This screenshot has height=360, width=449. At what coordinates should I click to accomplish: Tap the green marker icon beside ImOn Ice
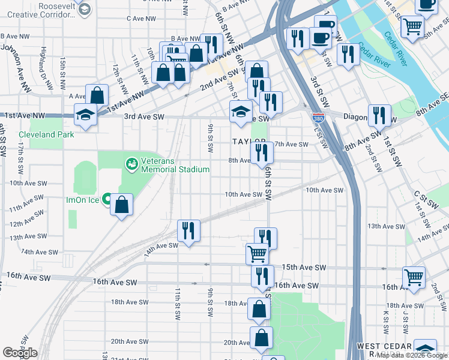107,198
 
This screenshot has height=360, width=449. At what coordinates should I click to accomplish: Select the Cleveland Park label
46,134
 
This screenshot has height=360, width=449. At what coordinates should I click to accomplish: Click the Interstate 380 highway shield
318,118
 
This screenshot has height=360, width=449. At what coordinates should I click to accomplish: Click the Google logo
20,353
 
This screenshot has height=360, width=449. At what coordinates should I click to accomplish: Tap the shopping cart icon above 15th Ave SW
257,254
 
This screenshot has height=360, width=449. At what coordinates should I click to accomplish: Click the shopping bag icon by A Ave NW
97,95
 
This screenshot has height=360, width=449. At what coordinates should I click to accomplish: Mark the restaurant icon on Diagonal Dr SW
379,115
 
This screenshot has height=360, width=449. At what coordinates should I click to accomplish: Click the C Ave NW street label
142,19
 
